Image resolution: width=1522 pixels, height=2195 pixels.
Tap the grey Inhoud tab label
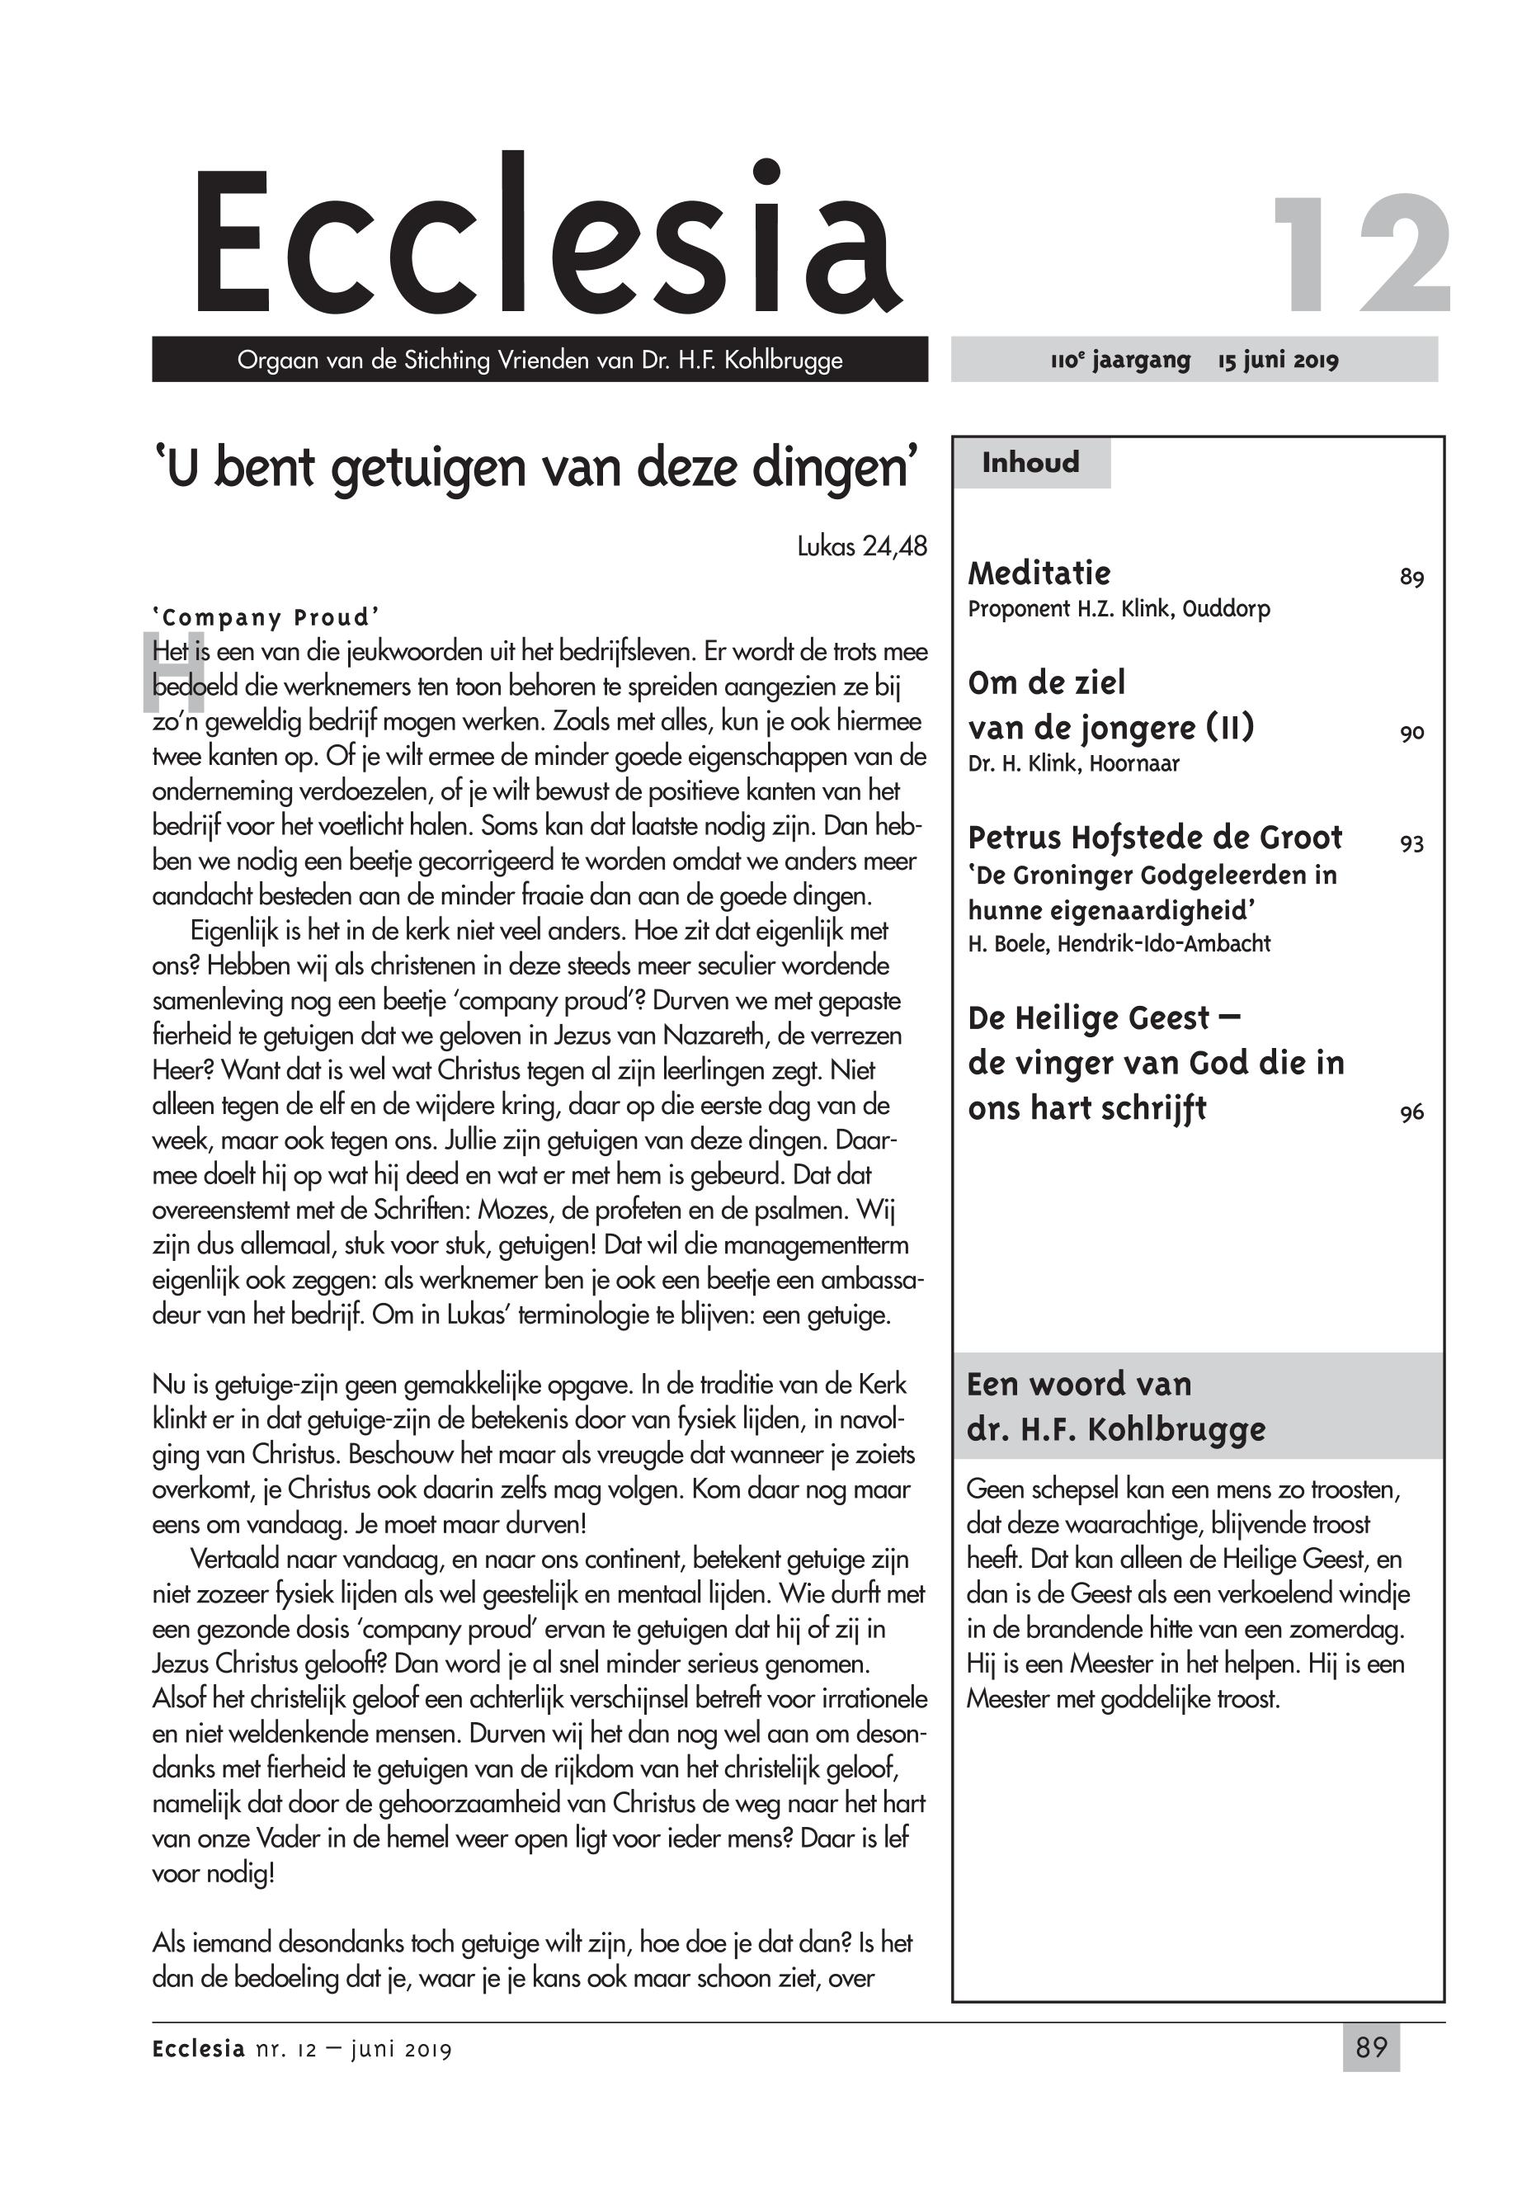tap(1031, 463)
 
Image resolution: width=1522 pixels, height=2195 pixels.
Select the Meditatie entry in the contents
tap(1039, 574)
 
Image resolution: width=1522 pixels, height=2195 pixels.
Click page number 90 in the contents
tap(1411, 733)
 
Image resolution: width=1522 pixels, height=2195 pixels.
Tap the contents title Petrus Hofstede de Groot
tap(1155, 838)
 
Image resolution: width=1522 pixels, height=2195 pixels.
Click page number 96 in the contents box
tap(1411, 1112)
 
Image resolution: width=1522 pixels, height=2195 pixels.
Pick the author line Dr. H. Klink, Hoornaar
tap(1073, 764)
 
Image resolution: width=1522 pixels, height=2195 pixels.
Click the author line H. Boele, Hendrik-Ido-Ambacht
tap(1119, 943)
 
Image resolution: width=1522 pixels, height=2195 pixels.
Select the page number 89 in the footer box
tap(1370, 2047)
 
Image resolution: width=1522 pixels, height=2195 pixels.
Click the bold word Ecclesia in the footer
tap(198, 2049)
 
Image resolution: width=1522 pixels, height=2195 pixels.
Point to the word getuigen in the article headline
tap(431, 469)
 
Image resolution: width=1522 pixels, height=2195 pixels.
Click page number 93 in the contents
tap(1411, 843)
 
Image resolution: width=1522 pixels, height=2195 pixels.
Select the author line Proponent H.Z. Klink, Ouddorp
tap(1119, 609)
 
